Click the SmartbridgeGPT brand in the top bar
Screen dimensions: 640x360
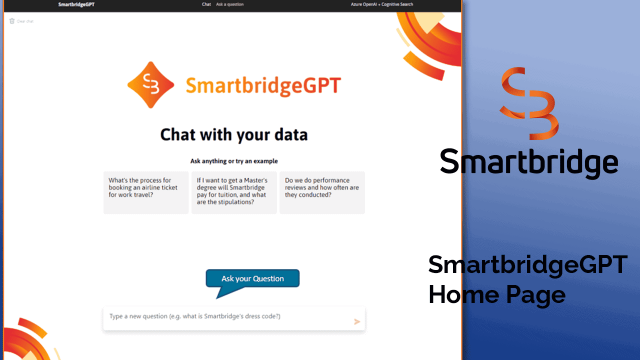[76, 4]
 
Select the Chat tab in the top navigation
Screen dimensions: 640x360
[206, 4]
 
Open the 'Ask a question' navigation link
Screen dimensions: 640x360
[229, 4]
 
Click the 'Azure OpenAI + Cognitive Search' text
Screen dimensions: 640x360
[381, 4]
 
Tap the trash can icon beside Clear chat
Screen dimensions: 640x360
[11, 21]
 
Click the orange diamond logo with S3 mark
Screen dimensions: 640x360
[150, 85]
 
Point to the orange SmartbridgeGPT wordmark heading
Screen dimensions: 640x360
[263, 85]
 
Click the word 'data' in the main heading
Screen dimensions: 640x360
[291, 135]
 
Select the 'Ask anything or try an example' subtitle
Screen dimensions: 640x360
[234, 161]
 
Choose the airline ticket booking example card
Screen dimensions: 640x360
[146, 192]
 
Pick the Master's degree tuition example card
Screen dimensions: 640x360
[234, 192]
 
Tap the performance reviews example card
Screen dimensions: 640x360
[322, 192]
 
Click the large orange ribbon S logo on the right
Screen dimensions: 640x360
[529, 103]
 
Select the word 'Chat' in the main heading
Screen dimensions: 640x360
[177, 135]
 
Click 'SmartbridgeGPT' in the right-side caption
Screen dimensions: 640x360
[528, 265]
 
